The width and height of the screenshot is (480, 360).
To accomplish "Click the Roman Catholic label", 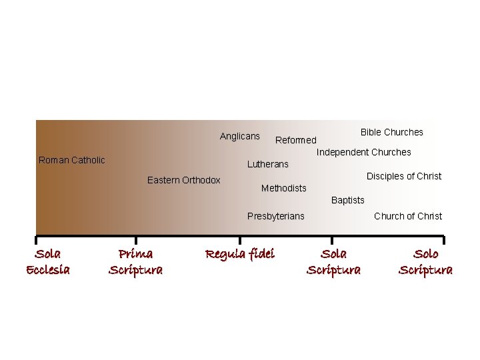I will [72, 160].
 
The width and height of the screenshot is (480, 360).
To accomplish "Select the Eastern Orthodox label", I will [183, 180].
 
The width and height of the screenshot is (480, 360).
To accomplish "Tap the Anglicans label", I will [240, 136].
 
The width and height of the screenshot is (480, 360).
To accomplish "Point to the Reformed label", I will [296, 140].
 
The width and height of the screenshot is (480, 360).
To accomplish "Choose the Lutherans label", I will [268, 164].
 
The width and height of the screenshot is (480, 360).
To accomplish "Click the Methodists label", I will [284, 188].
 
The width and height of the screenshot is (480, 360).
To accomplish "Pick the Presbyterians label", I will [275, 216].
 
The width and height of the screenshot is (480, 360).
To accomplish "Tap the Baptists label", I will [348, 200].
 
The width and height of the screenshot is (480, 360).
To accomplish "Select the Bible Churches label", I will [392, 132].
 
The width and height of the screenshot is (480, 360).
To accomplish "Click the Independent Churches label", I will [364, 152].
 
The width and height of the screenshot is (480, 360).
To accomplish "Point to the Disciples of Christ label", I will [404, 176].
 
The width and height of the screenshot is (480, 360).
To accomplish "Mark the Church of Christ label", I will [408, 216].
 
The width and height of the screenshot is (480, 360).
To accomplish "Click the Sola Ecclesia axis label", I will [48, 261].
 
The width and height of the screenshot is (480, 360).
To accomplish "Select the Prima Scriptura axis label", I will [135, 261].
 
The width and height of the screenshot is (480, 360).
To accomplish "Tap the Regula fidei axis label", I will [240, 254].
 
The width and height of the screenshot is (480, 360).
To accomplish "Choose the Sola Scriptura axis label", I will [333, 261].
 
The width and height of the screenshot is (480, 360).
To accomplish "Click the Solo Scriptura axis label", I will [425, 261].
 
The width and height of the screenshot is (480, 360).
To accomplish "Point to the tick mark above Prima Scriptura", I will [136, 240].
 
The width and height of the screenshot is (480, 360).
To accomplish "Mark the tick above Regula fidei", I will [240, 240].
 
